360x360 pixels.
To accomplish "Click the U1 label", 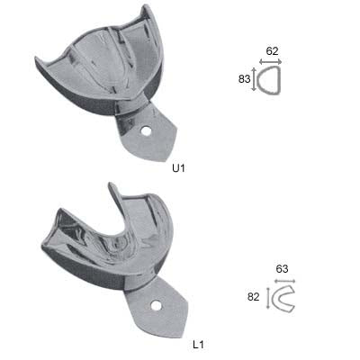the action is coord(178,168).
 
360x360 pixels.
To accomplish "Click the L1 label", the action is coord(198,345).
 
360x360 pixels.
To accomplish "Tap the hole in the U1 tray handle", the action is coord(147,130).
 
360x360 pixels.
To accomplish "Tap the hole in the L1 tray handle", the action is coord(156,306).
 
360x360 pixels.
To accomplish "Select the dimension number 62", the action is coord(272,51).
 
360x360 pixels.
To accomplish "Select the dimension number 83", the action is coord(244,79).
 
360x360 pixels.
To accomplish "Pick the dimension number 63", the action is coord(282,268).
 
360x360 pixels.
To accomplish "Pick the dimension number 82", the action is coord(253,297).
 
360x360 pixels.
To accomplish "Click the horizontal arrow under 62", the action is coord(271,62).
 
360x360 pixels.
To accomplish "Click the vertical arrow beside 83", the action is coord(254,79).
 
